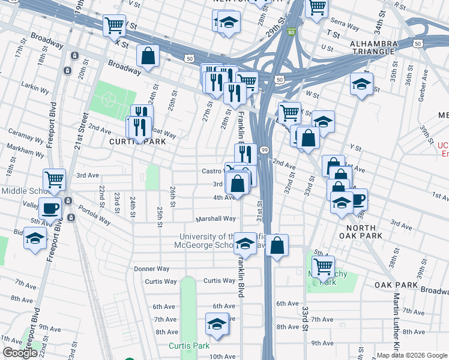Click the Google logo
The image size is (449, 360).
click(20, 353)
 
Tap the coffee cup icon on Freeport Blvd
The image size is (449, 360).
click(50, 208)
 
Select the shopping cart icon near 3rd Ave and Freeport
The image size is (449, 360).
click(55, 179)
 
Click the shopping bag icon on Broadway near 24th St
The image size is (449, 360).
click(148, 56)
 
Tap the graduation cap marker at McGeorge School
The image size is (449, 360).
click(244, 243)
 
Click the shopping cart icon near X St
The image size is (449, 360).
click(114, 25)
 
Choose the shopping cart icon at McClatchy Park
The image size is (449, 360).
click(323, 265)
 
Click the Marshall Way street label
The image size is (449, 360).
click(215, 218)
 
